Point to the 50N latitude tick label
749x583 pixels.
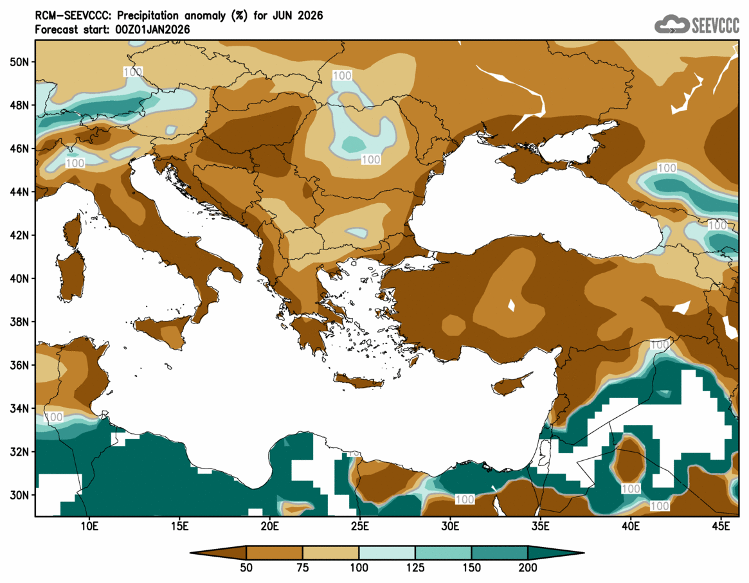point(20,62)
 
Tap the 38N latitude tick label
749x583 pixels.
point(20,322)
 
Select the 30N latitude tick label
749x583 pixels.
point(20,496)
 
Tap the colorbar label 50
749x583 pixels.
point(246,568)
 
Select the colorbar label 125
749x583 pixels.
point(415,568)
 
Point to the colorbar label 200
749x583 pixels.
point(528,568)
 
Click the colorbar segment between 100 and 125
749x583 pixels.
point(386,553)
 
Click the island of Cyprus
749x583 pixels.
point(512,385)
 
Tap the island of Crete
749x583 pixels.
point(359,382)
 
